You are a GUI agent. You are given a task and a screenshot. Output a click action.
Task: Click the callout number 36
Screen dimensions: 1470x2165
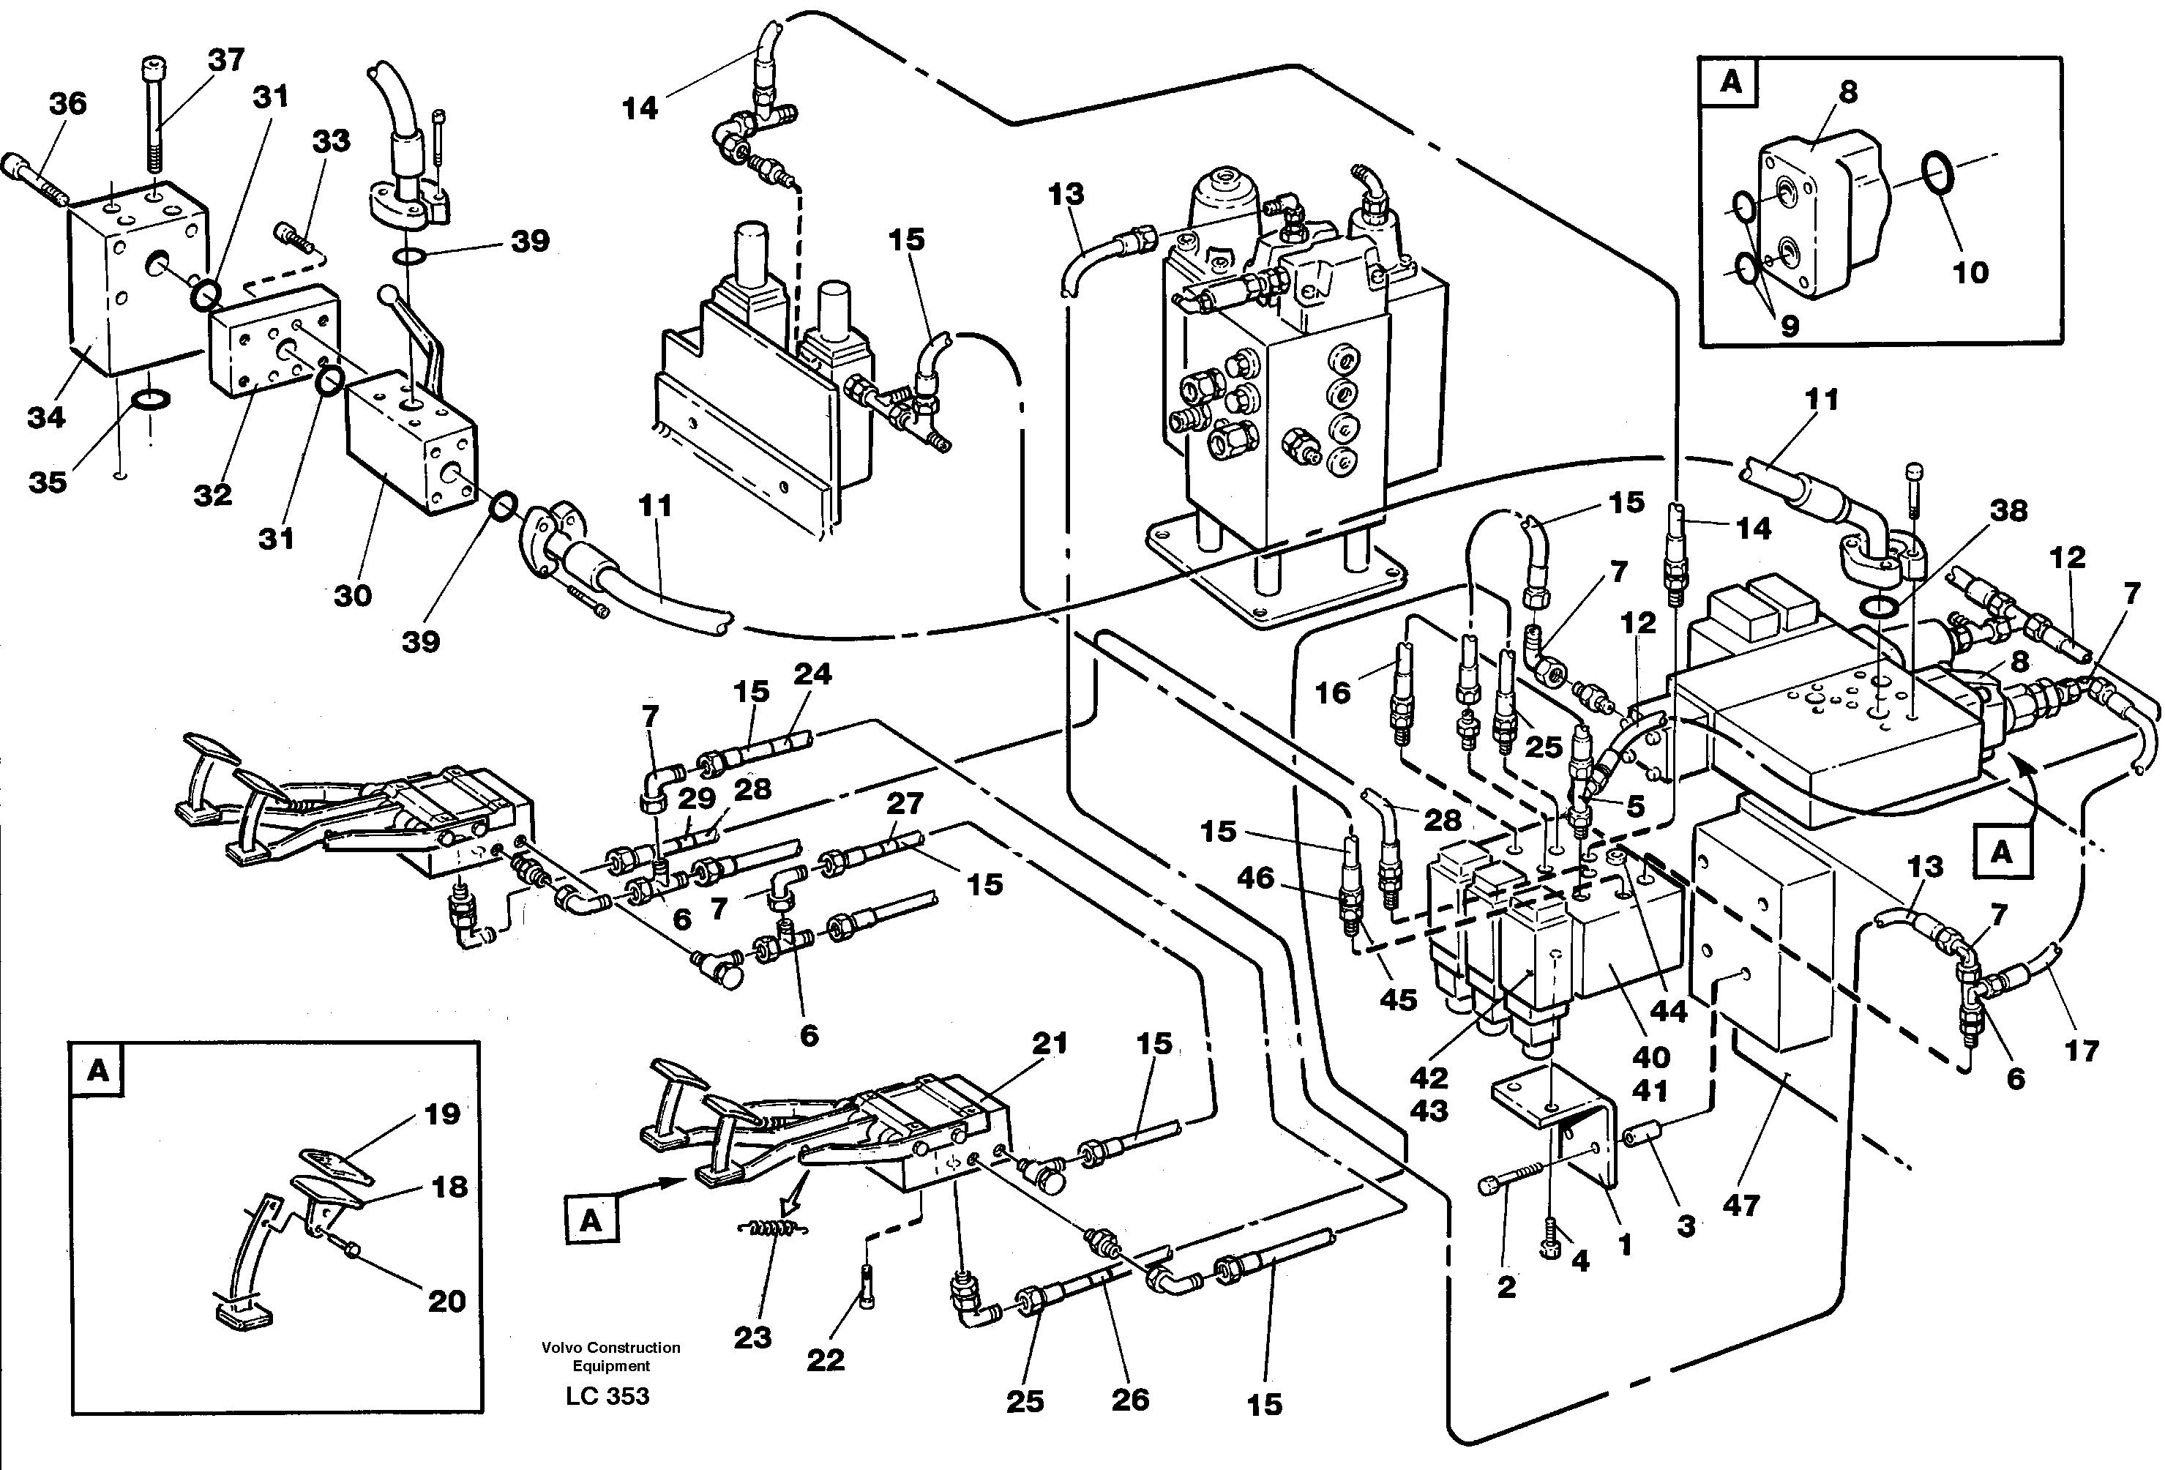pyautogui.click(x=68, y=103)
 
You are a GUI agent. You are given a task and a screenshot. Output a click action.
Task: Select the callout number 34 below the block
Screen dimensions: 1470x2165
pyautogui.click(x=45, y=417)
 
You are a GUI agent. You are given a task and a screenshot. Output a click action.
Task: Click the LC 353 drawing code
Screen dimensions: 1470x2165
pyautogui.click(x=607, y=1395)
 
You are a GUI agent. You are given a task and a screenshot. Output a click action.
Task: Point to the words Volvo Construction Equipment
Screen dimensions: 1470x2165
pyautogui.click(x=611, y=1357)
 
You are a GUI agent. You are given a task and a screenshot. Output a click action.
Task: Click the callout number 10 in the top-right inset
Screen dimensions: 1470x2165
pyautogui.click(x=1970, y=272)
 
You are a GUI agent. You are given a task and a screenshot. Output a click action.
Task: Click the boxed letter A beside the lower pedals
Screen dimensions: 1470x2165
pyautogui.click(x=591, y=1220)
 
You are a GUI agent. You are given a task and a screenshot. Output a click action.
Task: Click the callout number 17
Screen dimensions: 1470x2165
pyautogui.click(x=2081, y=1051)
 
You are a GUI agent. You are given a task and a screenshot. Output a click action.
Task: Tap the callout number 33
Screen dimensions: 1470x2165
pyautogui.click(x=331, y=141)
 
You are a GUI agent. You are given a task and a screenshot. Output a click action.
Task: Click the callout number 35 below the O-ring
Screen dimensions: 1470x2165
pyautogui.click(x=48, y=482)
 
